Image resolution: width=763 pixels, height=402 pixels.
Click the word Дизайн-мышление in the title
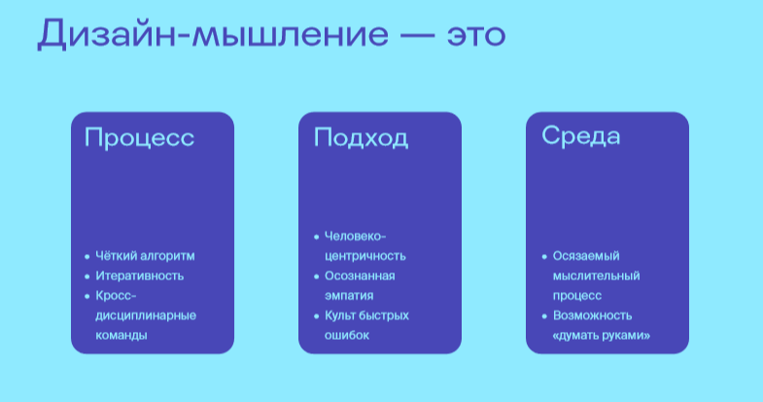[213, 34]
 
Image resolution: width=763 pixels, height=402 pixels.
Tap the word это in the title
[476, 35]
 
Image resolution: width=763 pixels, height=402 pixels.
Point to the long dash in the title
[418, 36]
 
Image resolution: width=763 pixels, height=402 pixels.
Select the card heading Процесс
[139, 137]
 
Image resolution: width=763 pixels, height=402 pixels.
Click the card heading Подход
[361, 137]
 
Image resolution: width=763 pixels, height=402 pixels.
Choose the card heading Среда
[581, 136]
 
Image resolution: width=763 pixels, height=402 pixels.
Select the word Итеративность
[139, 275]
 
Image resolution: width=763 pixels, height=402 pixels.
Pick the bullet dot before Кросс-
[87, 296]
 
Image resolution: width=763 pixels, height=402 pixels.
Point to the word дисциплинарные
[146, 315]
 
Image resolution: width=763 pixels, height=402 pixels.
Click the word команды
[121, 335]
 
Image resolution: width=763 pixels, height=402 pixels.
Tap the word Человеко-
[355, 237]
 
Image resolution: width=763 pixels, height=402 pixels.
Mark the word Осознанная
[360, 275]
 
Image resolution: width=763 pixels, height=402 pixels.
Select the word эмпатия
[349, 296]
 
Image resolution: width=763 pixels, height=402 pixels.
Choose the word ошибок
[347, 335]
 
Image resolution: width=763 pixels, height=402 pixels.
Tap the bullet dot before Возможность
[544, 315]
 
